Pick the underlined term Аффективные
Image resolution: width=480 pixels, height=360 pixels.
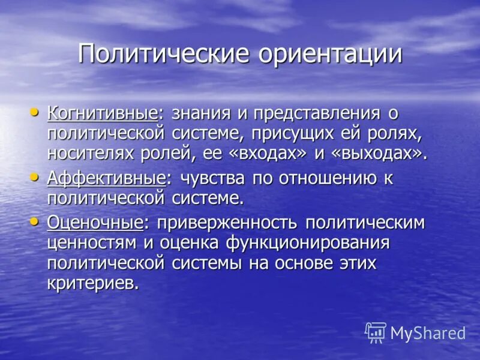(x=106, y=178)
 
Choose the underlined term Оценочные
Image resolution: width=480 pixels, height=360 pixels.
(x=95, y=223)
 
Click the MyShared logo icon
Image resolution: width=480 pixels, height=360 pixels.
(x=376, y=332)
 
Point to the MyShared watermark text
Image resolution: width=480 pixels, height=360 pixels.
(x=428, y=334)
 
